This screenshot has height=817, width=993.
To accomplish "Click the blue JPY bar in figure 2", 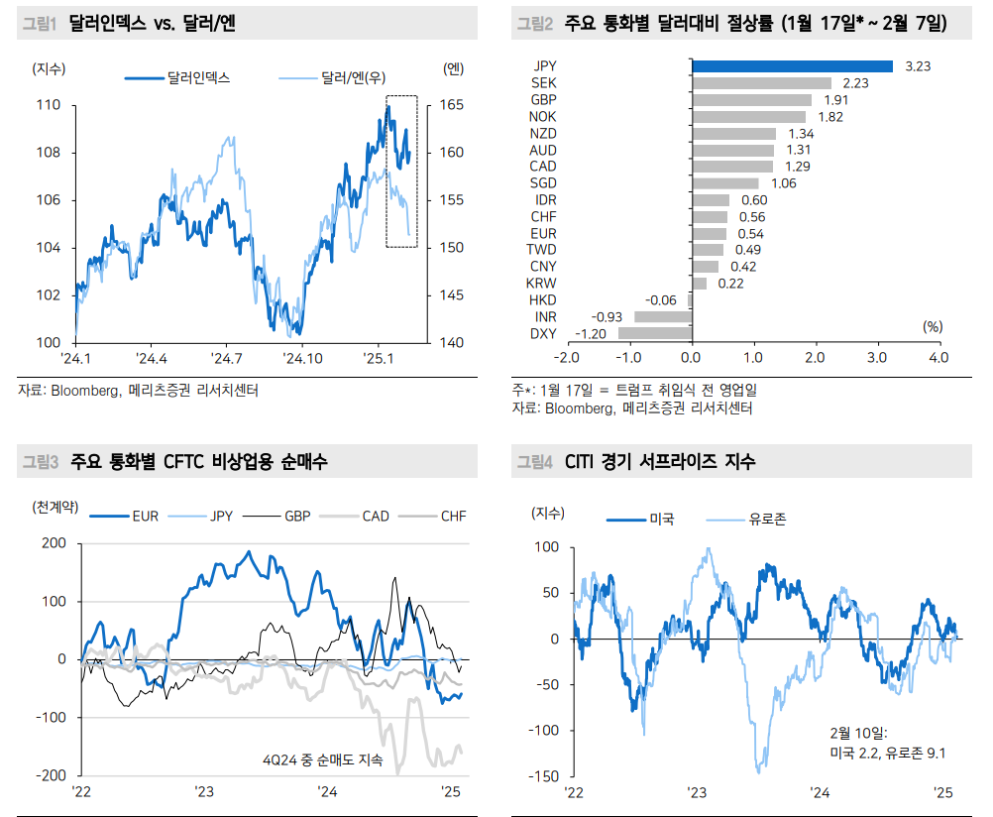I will [x=792, y=65].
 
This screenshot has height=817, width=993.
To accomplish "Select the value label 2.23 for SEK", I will [x=855, y=82].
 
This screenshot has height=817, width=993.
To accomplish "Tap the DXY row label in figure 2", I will [x=543, y=333].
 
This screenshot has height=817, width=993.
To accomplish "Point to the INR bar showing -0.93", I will [x=662, y=316].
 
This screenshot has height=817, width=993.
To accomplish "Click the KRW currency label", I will [x=542, y=283].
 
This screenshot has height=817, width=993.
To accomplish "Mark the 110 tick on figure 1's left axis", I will [x=49, y=105].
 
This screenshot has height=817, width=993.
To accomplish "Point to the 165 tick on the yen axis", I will [x=451, y=105].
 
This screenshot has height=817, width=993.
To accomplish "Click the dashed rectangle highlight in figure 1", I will [x=401, y=172].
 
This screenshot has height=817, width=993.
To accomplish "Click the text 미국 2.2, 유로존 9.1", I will [x=888, y=753].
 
